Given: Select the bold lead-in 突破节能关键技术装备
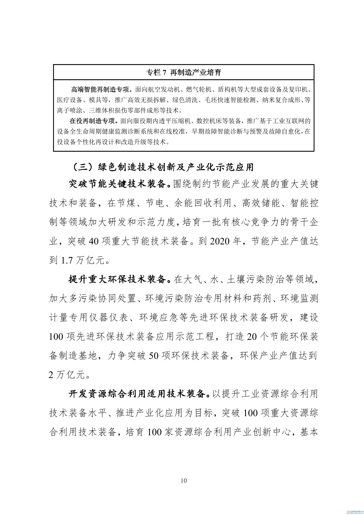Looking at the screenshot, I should (x=118, y=184).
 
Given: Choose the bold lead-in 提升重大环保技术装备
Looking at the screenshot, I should (x=118, y=280).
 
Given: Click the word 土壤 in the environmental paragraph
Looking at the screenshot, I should (x=236, y=280).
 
